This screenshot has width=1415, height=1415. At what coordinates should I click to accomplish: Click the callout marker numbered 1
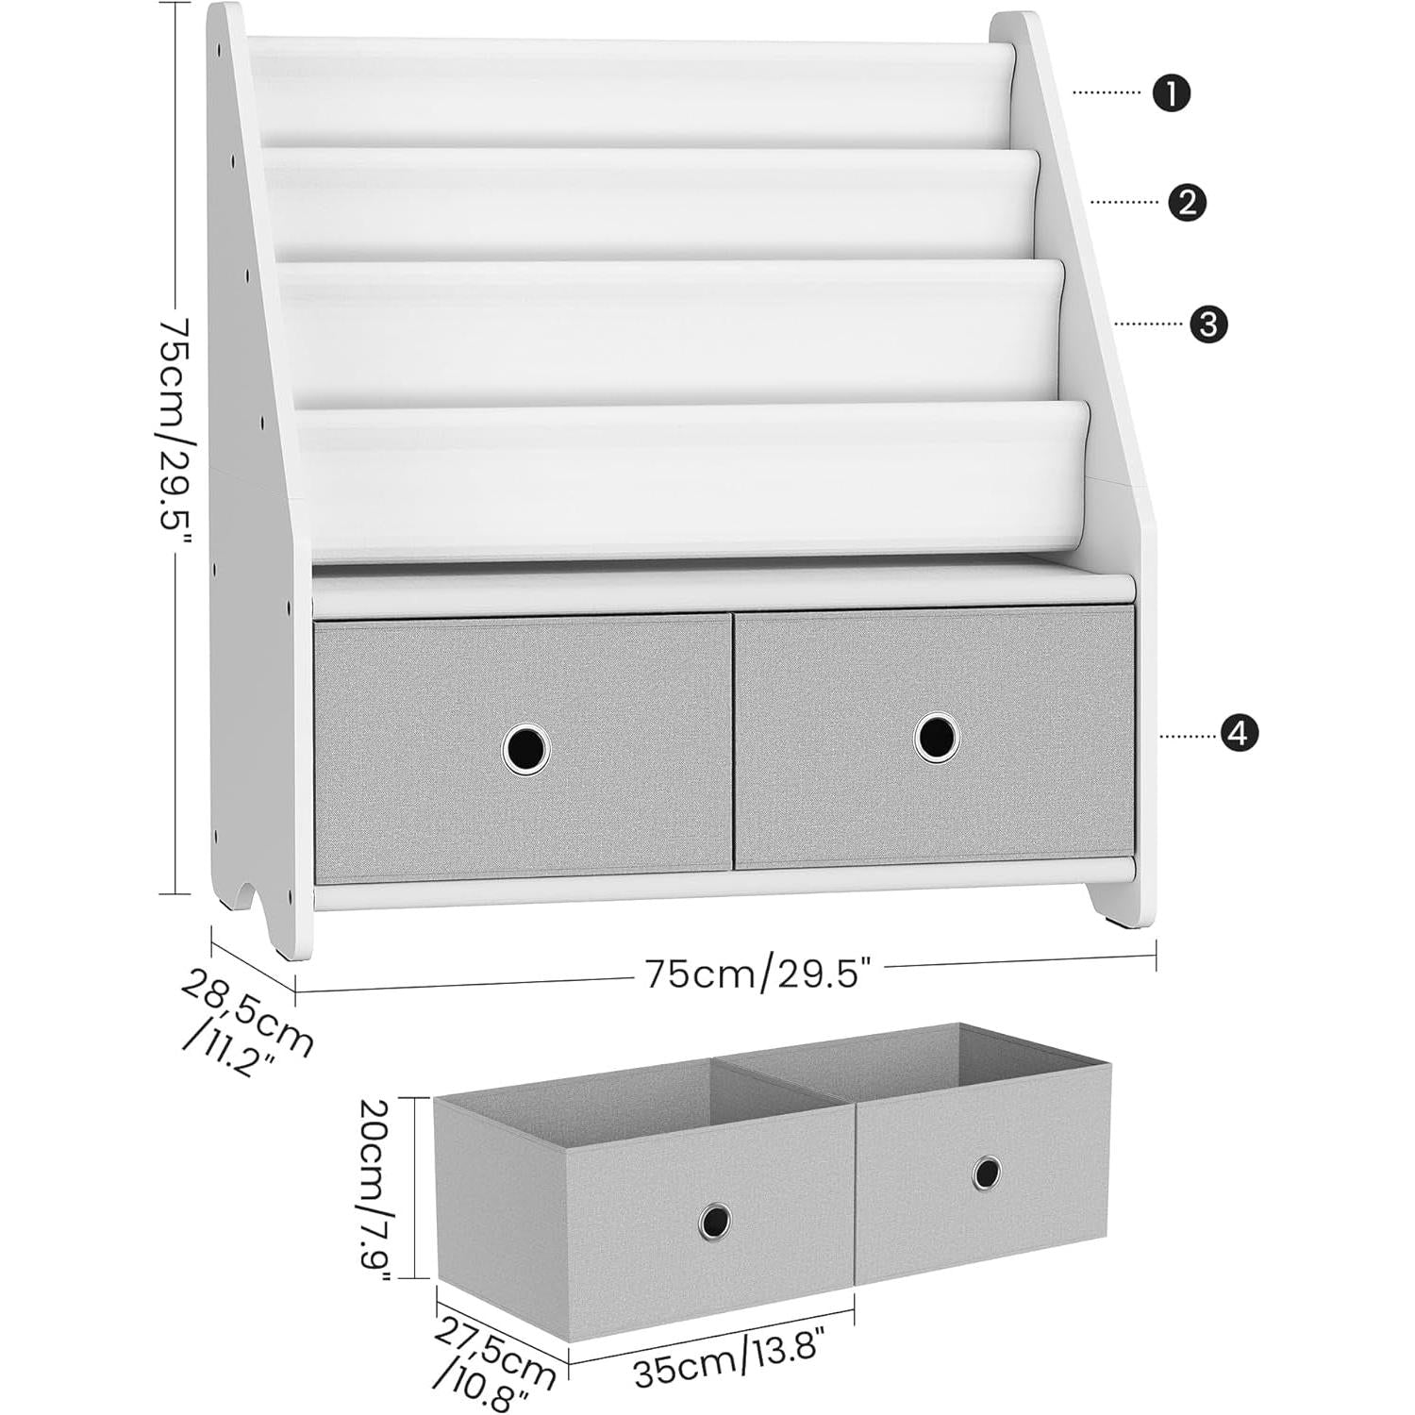point(1172,93)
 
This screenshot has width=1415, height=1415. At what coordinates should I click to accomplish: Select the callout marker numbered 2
point(1187,202)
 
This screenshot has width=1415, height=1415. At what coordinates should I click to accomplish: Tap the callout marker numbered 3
point(1208,324)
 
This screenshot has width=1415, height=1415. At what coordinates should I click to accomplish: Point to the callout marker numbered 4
point(1239,733)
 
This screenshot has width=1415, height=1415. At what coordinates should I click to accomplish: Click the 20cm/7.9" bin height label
point(375,1189)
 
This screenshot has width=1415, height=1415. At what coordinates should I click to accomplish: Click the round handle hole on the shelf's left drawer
point(525,748)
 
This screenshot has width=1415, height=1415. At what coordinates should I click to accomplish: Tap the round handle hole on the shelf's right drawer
point(937,737)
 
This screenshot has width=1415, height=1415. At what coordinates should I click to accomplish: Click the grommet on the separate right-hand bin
point(987,1172)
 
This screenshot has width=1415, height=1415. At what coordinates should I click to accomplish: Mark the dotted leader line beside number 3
point(1149,324)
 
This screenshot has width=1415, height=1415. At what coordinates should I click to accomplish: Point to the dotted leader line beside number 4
point(1189,734)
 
